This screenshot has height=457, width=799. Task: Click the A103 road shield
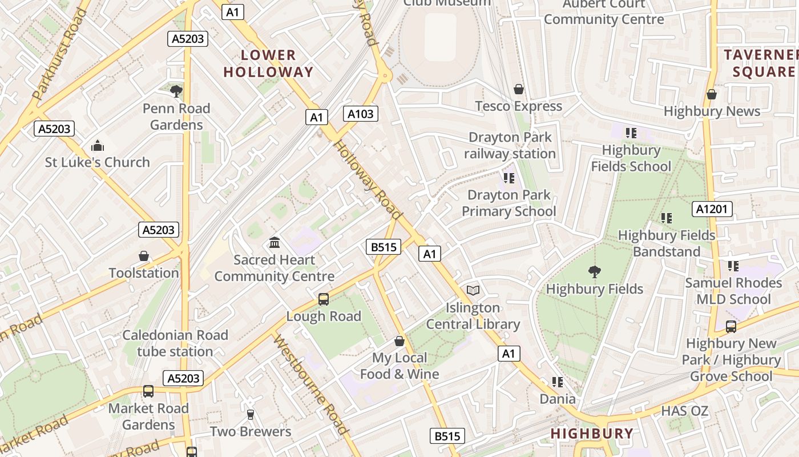tap(361, 114)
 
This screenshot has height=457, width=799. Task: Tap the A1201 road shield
tap(712, 209)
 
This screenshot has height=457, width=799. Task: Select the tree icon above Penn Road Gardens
tap(176, 90)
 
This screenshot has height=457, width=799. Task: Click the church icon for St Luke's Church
tap(98, 146)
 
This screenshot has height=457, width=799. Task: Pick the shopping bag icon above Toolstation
tap(144, 256)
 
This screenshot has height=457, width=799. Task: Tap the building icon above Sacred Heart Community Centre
tap(275, 243)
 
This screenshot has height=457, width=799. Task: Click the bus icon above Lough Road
tap(324, 299)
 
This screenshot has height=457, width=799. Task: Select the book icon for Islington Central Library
tap(473, 290)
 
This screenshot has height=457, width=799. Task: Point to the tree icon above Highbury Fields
tap(594, 272)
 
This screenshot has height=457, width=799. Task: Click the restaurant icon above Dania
tap(558, 382)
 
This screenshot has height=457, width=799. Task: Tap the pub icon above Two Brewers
tap(250, 414)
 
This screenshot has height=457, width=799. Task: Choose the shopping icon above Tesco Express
tap(519, 89)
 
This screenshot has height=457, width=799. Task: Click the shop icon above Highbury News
tap(712, 94)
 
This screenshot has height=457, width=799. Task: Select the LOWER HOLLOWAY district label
tap(269, 63)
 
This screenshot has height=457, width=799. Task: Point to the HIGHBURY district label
tap(592, 434)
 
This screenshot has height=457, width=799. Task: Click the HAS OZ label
tap(684, 411)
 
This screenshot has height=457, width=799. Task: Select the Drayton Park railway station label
tap(510, 146)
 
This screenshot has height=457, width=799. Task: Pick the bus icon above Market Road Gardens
tap(148, 391)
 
